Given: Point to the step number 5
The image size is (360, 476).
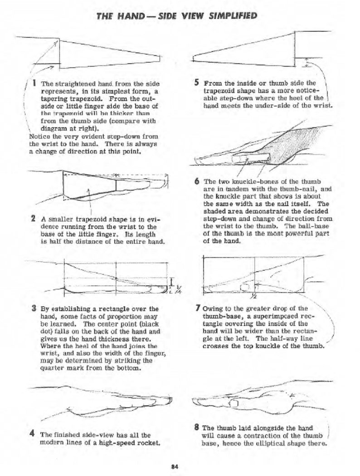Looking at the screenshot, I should click(196, 83).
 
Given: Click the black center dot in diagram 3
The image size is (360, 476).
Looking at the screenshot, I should click(117, 278).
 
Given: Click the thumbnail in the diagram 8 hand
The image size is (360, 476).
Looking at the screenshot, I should click(235, 403).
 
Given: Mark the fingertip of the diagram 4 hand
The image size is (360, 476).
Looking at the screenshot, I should click(169, 401).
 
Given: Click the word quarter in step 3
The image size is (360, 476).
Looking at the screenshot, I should click(53, 368).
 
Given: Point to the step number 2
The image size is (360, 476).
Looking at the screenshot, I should click(34, 219).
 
